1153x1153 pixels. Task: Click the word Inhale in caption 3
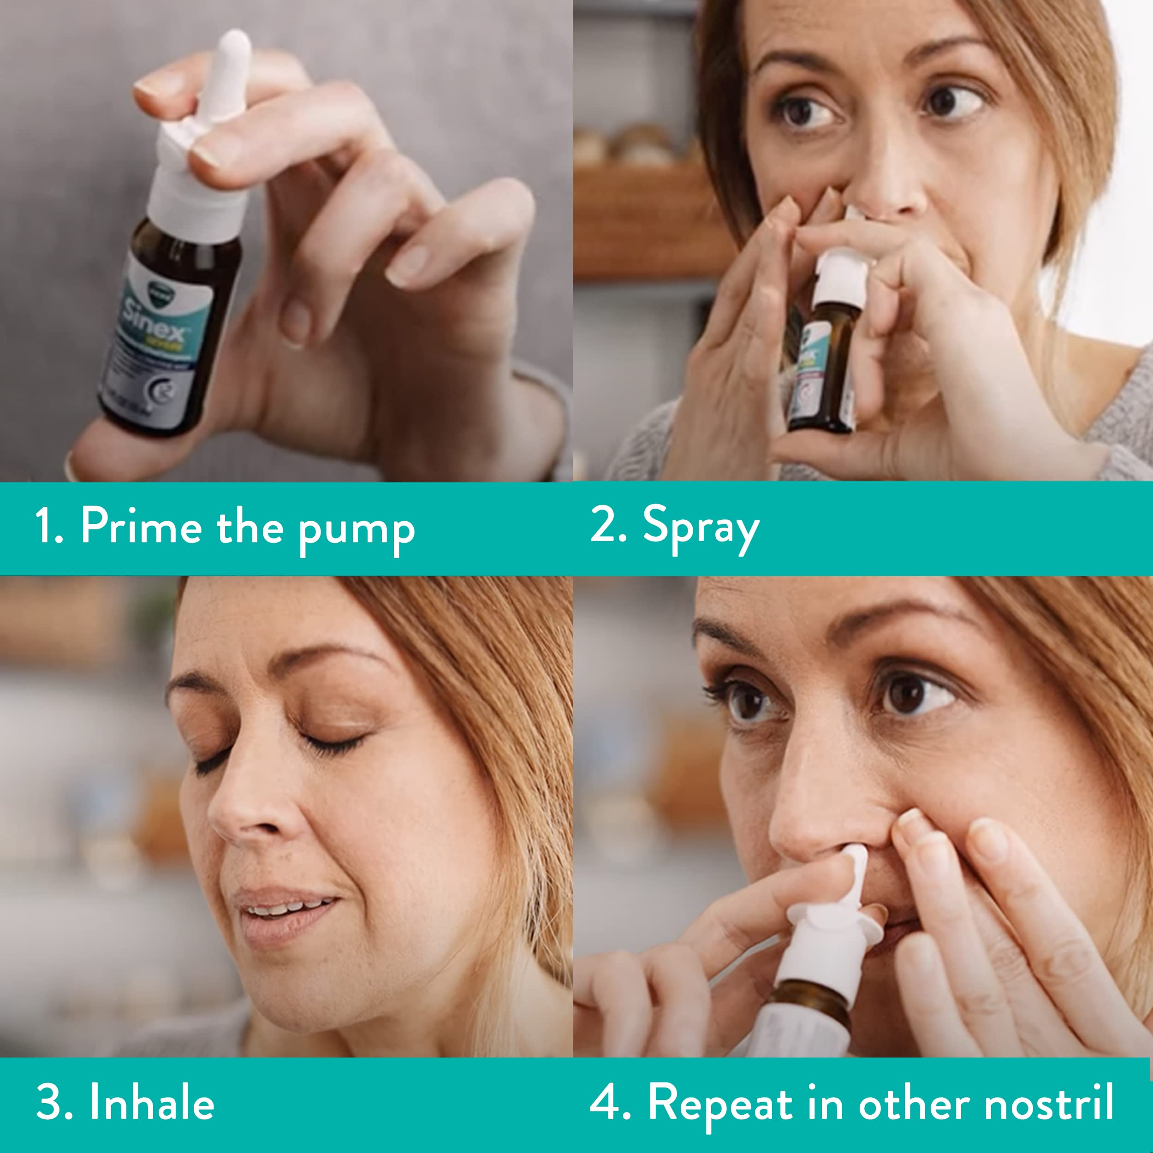point(152,1102)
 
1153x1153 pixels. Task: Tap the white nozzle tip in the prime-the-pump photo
point(234,48)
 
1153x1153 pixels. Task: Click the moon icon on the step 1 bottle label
point(162,391)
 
